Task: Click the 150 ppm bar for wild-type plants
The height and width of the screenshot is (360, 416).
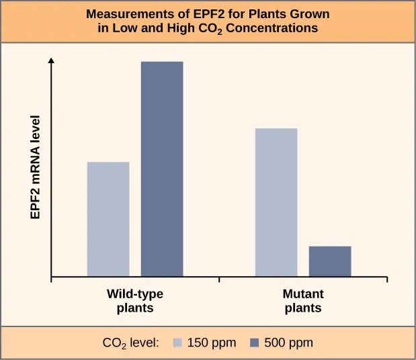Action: tap(108, 219)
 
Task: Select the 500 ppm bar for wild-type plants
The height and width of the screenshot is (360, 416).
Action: tap(161, 169)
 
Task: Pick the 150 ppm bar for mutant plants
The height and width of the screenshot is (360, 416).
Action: tap(276, 202)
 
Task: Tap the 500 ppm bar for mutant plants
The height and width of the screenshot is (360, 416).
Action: tap(329, 261)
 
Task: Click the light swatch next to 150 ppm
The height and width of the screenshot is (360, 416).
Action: tap(179, 343)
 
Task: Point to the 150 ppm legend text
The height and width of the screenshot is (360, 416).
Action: tap(211, 343)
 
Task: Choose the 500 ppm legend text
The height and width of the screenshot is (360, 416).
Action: tap(288, 343)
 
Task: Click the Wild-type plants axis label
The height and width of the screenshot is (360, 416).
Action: tap(135, 302)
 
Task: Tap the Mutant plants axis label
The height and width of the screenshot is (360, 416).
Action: tap(303, 302)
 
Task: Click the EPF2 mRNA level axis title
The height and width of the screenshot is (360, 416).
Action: tap(35, 167)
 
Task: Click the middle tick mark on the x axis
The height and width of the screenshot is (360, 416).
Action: tap(219, 280)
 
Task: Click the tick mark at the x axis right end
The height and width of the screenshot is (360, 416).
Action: tap(386, 280)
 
